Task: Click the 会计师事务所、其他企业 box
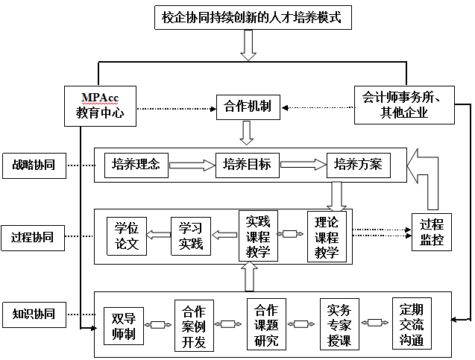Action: pyautogui.click(x=405, y=105)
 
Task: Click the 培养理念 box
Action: pyautogui.click(x=136, y=165)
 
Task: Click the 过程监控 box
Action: pyautogui.click(x=431, y=231)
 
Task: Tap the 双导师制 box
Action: pyautogui.click(x=123, y=326)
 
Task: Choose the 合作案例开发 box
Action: pyautogui.click(x=194, y=326)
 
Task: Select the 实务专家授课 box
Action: pyautogui.click(x=339, y=326)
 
